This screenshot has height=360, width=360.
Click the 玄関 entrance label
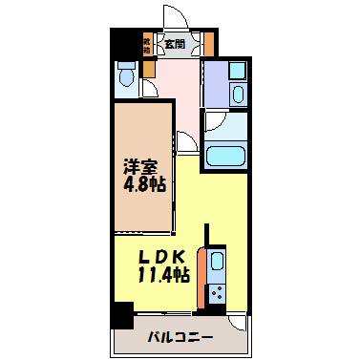point(174,43)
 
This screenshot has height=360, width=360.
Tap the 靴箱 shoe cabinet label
point(147,43)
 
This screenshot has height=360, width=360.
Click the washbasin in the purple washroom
point(239,93)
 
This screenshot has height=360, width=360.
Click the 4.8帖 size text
point(143,182)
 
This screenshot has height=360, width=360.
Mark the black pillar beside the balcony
point(120,315)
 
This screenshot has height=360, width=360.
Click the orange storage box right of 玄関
point(206,43)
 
